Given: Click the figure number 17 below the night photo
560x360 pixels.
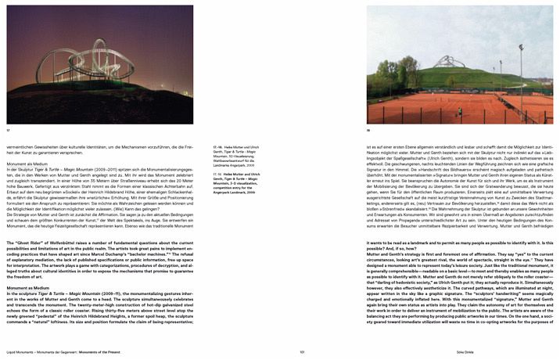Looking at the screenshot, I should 9,129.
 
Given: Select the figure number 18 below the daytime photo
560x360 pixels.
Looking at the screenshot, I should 369,129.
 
